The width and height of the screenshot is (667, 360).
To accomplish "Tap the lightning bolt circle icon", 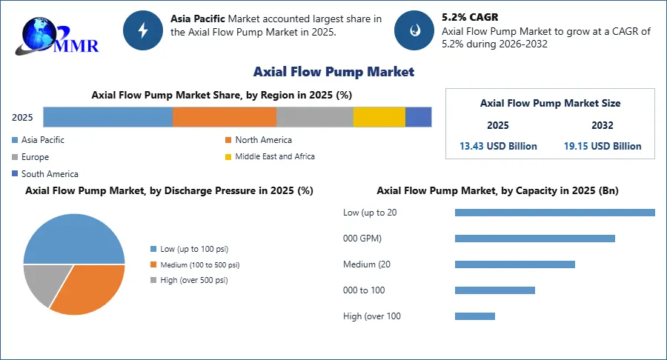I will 142,30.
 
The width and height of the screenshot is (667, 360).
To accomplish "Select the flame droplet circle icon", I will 414,30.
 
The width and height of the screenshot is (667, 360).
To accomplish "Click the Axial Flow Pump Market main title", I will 333,72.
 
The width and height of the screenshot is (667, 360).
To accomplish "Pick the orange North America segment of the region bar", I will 225,117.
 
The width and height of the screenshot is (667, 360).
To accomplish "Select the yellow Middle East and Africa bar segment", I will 379,117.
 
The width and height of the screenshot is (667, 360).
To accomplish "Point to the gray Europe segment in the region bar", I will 314,117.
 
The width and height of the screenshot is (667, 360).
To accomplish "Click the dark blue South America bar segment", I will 418,117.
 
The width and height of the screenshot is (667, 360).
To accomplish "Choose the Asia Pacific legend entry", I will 43,140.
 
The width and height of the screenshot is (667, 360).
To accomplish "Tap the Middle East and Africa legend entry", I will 274,157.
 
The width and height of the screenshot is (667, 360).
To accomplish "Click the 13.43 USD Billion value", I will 498,146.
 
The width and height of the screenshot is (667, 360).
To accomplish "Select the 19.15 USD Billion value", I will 603,146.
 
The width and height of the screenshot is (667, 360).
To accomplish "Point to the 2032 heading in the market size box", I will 603,126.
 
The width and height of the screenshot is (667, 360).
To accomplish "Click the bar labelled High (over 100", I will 474,316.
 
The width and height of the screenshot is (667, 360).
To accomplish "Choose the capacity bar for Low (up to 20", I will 554,213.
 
